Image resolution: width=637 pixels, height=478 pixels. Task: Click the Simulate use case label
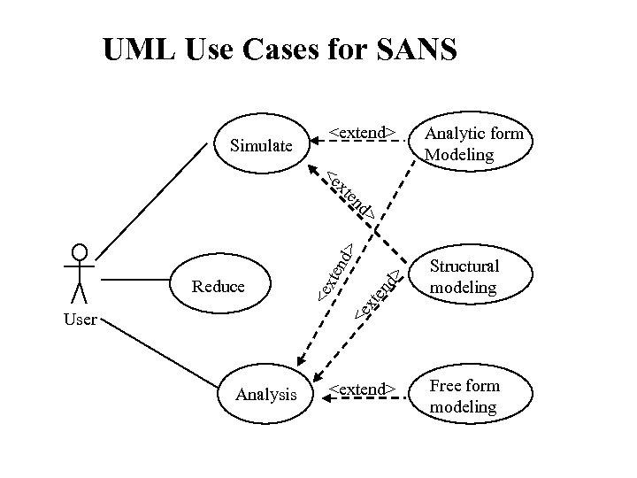[260, 145]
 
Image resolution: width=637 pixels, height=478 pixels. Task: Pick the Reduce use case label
[218, 286]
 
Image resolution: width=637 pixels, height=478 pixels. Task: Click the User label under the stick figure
[80, 320]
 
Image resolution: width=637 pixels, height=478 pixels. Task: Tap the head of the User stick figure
[81, 251]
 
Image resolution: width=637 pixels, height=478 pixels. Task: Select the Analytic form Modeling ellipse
[473, 144]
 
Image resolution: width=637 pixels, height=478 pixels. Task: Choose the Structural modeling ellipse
[473, 277]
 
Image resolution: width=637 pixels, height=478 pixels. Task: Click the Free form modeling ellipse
[473, 397]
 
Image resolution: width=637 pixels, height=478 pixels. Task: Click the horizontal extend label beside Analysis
[361, 389]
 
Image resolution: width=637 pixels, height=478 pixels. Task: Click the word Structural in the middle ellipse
[464, 266]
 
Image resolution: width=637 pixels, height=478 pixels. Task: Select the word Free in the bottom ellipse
[446, 386]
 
